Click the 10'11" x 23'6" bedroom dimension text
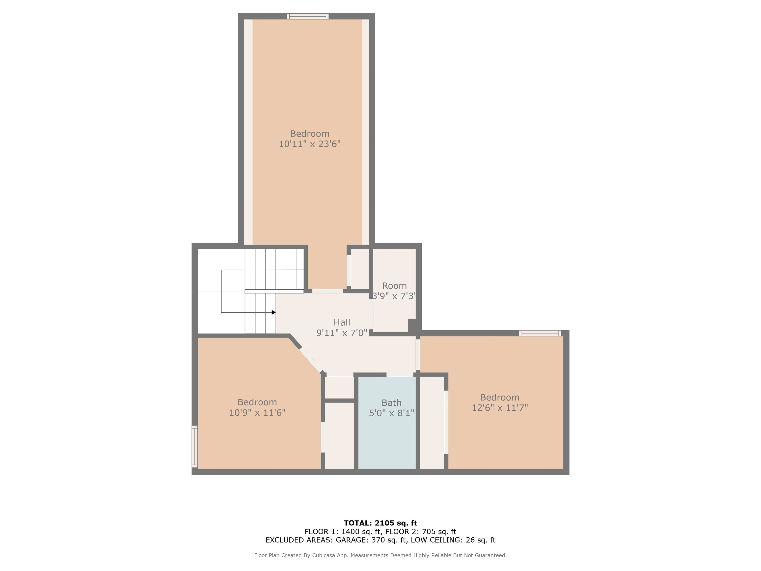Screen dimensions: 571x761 [309, 144]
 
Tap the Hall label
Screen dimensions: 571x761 [342, 322]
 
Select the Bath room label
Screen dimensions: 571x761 [391, 403]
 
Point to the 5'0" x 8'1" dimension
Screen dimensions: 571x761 [391, 413]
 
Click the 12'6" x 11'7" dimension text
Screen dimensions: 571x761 [500, 408]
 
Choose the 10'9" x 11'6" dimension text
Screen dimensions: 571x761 [257, 413]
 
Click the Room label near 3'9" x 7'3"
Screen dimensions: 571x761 [394, 286]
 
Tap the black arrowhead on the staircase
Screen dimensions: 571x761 [273, 312]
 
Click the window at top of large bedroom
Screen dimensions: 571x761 [308, 16]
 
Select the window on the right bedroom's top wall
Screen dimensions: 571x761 [540, 333]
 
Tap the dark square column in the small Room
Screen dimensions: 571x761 [412, 326]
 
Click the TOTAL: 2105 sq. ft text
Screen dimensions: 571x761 [380, 523]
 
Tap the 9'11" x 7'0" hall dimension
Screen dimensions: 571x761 [342, 333]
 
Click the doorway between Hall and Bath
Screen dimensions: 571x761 [400, 374]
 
